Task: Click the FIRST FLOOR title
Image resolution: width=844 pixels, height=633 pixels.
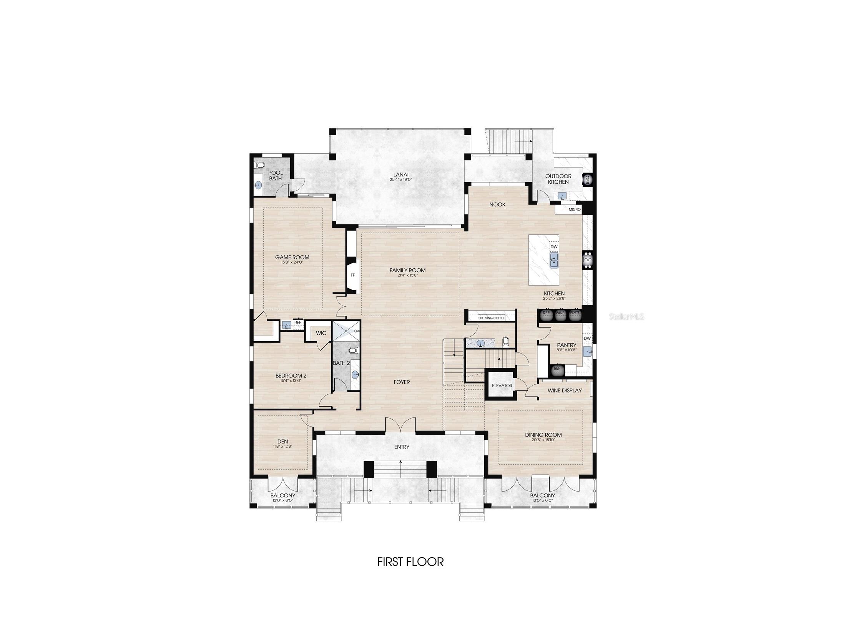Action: tap(410, 562)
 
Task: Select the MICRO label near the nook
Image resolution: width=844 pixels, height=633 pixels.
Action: tap(575, 209)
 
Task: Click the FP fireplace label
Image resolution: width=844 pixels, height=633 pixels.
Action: tap(353, 275)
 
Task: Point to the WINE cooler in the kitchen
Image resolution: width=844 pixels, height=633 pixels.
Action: tap(560, 314)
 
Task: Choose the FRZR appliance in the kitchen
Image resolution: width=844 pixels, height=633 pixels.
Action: tap(574, 314)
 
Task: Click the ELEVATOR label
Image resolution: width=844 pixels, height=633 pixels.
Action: tap(502, 385)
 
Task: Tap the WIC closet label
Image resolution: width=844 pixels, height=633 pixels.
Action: tap(321, 333)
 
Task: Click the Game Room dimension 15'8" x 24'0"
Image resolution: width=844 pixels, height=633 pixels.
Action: tap(292, 262)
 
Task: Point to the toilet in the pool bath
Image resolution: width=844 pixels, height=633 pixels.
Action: tap(259, 166)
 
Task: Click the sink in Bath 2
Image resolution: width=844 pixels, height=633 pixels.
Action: tap(355, 374)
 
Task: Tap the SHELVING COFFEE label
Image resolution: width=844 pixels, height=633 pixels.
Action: tap(491, 318)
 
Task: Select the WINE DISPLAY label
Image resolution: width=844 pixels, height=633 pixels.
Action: tap(565, 390)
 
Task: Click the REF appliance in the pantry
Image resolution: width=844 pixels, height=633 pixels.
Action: tap(557, 369)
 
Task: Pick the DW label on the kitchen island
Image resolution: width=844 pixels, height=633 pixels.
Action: tap(554, 247)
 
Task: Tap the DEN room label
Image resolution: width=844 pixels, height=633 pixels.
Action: tap(282, 441)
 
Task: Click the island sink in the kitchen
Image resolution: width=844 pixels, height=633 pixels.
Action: tap(554, 259)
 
